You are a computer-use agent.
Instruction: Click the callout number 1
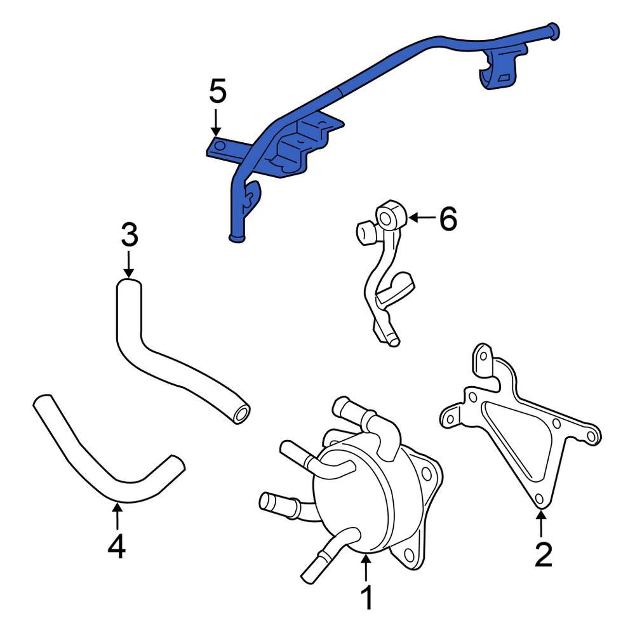(x=366, y=599)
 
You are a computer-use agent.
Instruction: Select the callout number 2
(x=543, y=554)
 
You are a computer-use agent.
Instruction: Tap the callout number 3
(x=129, y=236)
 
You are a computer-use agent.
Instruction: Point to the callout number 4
(x=117, y=547)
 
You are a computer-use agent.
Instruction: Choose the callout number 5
(x=217, y=92)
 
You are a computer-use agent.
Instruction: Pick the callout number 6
(x=448, y=220)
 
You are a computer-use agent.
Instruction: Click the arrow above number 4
(x=117, y=515)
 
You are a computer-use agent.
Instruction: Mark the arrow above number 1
(x=366, y=568)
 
